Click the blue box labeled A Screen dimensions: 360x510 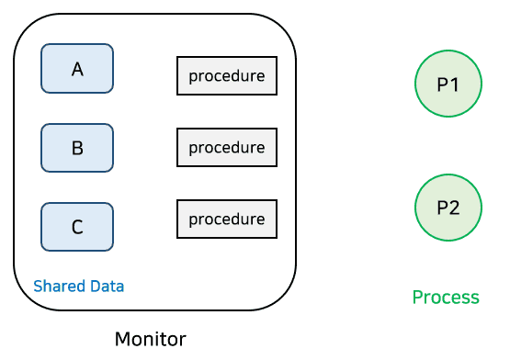[x=77, y=69]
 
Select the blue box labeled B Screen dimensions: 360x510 [x=77, y=148]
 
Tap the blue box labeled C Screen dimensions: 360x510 [x=77, y=227]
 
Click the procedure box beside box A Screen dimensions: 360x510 [x=226, y=76]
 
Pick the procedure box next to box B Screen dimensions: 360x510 [x=226, y=147]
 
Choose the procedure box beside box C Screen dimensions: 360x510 [x=226, y=219]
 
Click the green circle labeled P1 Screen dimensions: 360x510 [x=448, y=84]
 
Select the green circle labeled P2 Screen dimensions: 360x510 [x=448, y=208]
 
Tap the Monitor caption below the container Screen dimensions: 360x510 [x=150, y=340]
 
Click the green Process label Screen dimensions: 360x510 [x=446, y=298]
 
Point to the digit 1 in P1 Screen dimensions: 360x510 [x=455, y=84]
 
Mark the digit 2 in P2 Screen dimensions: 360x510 [x=455, y=208]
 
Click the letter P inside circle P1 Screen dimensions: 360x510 [x=442, y=84]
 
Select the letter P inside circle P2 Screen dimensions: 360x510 [x=442, y=208]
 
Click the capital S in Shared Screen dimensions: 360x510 [x=38, y=287]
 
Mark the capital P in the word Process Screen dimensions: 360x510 [x=417, y=298]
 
